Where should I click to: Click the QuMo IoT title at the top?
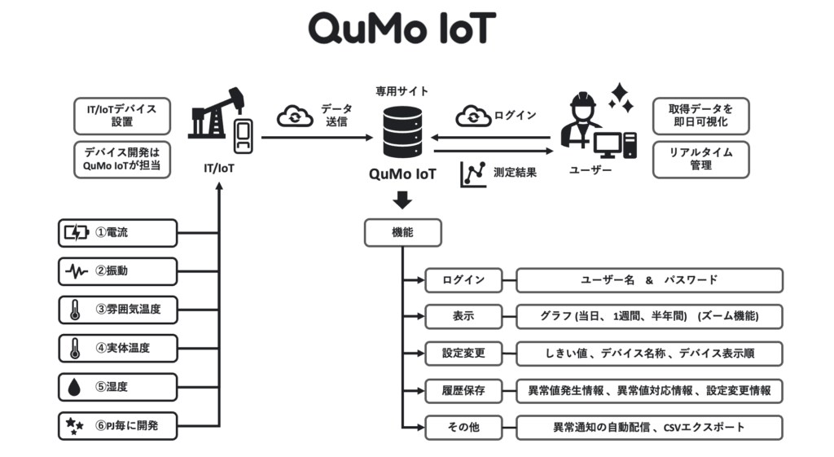[x=402, y=30]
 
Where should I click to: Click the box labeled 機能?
[x=402, y=232]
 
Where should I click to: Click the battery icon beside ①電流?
[x=75, y=233]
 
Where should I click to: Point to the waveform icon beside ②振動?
[x=76, y=271]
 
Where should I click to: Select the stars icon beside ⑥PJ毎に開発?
[x=74, y=425]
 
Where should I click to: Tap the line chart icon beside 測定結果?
[x=473, y=173]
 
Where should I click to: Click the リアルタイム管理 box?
[x=700, y=159]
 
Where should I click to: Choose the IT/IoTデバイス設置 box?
[x=121, y=115]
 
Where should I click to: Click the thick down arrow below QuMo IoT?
[x=402, y=200]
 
